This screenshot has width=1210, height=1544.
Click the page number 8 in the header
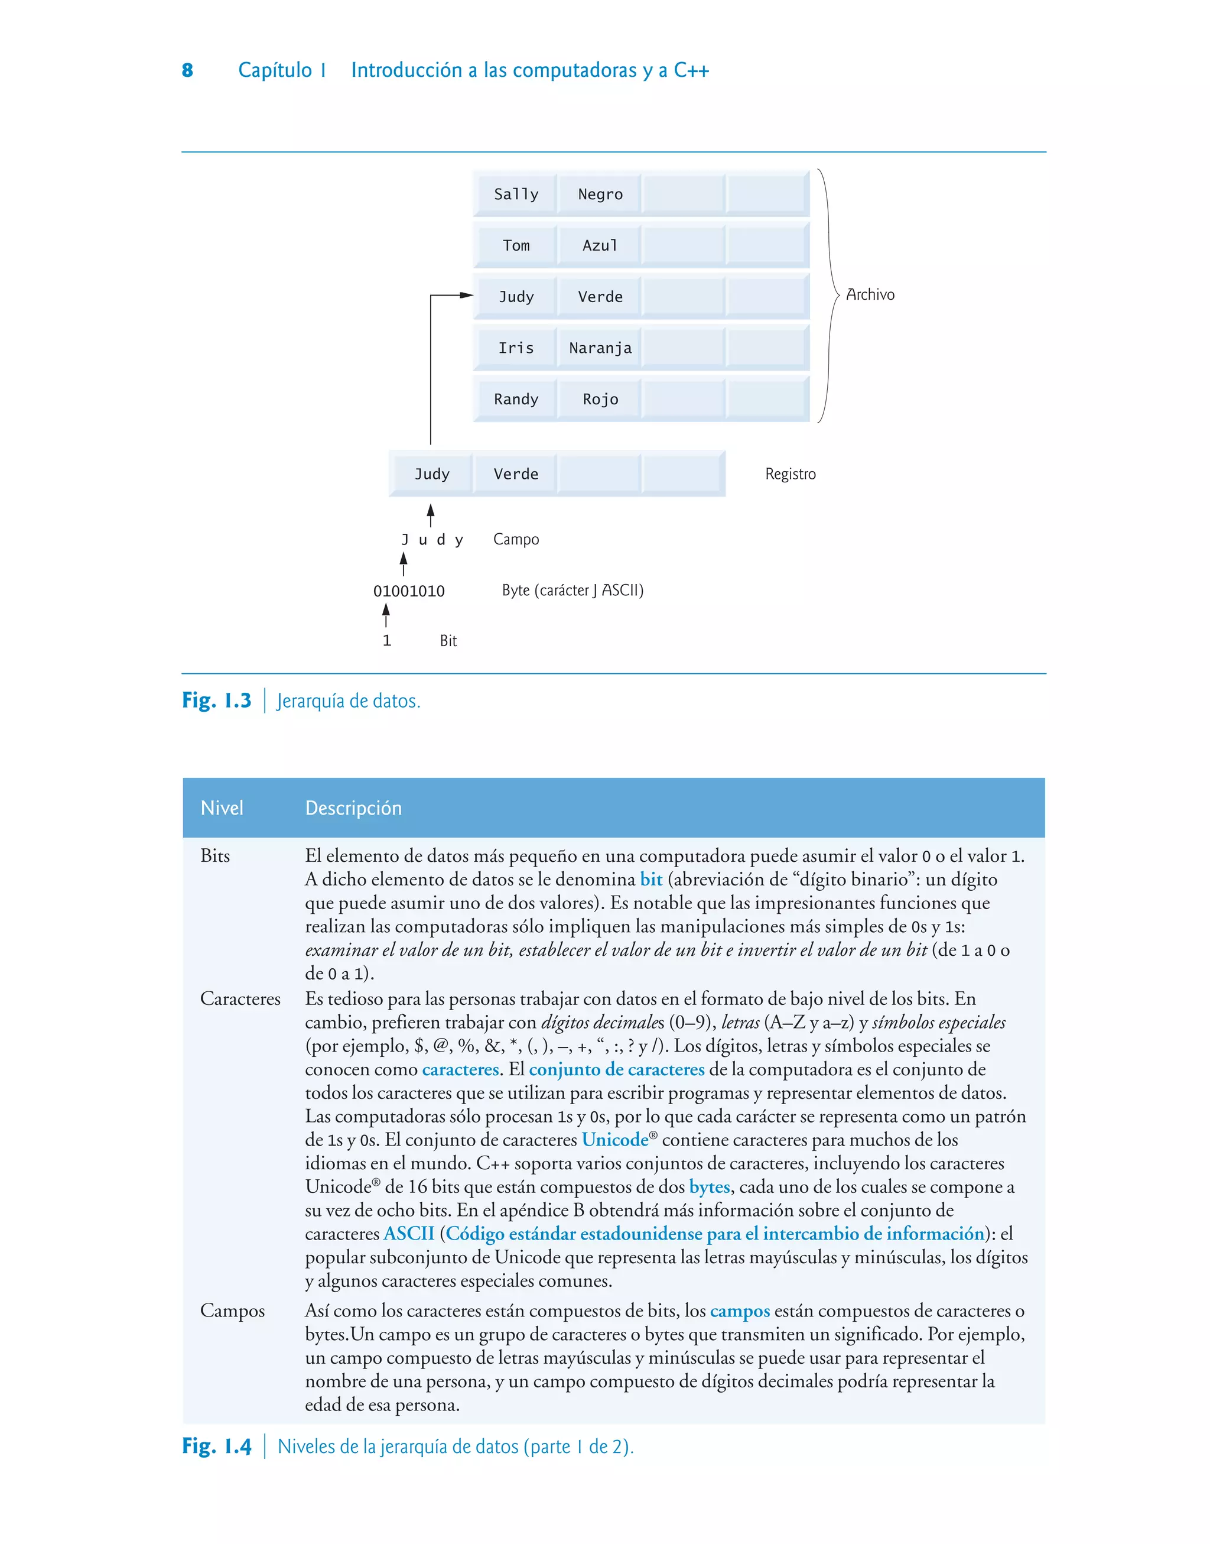(187, 70)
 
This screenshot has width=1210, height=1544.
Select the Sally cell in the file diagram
(516, 194)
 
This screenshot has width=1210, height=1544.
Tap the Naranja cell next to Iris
(600, 348)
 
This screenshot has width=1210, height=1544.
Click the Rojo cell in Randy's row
(600, 400)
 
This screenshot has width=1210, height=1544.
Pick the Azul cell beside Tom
(600, 246)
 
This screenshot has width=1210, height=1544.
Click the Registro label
(790, 474)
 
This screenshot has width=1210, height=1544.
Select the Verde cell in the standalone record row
(516, 474)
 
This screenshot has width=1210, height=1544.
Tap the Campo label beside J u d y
(516, 539)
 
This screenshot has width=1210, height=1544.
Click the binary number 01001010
(409, 591)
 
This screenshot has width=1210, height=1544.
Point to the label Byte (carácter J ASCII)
(573, 591)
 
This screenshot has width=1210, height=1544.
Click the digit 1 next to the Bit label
(387, 641)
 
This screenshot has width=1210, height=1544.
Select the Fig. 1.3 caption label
(217, 701)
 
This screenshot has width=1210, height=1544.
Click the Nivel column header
(222, 808)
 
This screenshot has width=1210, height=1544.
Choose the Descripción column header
(353, 808)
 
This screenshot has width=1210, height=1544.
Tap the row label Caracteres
(240, 998)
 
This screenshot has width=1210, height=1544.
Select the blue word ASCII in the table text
(409, 1234)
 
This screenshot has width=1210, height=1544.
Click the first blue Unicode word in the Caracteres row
(615, 1140)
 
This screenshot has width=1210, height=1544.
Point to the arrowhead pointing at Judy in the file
(467, 295)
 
